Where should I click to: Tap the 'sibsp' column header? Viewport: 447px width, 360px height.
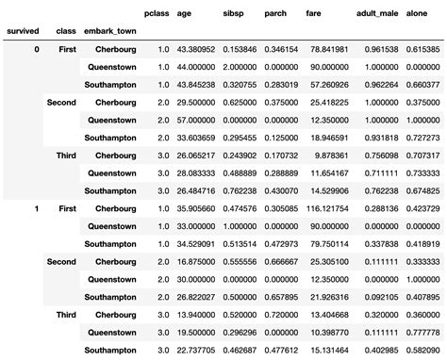click(230, 14)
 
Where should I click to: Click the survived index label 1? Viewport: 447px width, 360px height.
click(36, 208)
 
